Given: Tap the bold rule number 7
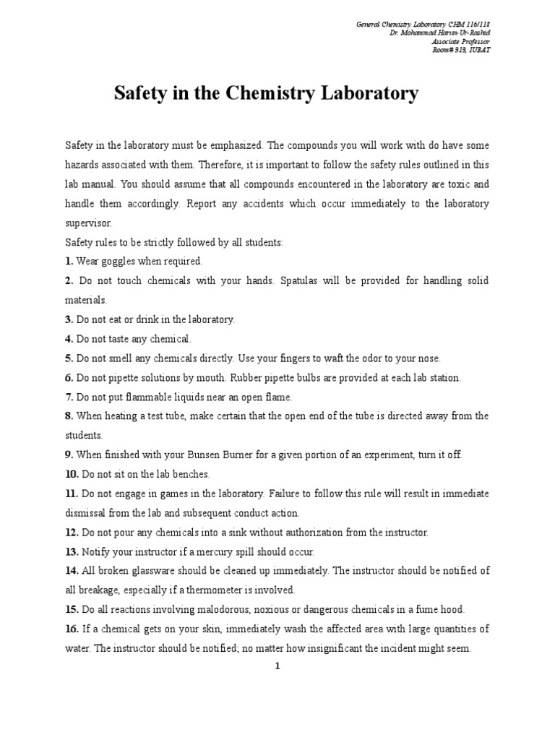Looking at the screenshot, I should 69,397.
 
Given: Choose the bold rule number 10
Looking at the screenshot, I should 72,474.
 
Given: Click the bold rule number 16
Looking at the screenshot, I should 72,629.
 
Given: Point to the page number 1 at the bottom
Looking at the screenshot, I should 277,667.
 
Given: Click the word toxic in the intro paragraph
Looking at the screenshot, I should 460,184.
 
